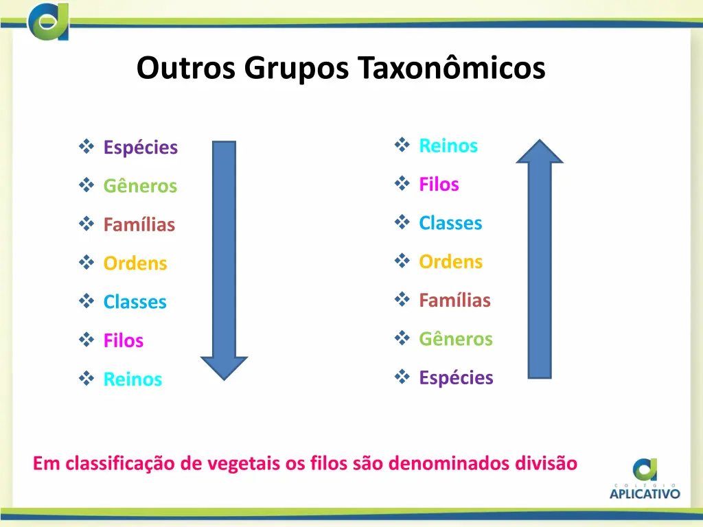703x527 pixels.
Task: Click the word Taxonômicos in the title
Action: (451, 68)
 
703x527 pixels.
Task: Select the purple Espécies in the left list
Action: (140, 148)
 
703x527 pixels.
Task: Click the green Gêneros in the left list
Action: (140, 186)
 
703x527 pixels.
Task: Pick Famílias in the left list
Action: (139, 224)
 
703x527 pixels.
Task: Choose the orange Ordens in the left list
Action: (135, 263)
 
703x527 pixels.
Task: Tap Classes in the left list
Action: (135, 302)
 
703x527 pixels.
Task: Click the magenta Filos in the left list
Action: (124, 340)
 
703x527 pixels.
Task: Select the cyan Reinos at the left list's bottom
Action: (132, 379)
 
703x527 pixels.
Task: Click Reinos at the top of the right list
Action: (448, 145)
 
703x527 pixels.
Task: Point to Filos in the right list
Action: (439, 184)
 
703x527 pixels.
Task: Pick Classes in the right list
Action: (450, 223)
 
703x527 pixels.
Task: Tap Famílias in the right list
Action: (454, 300)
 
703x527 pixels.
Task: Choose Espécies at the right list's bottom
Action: (456, 377)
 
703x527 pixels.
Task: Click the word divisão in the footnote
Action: (546, 463)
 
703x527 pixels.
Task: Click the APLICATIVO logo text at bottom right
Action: (645, 492)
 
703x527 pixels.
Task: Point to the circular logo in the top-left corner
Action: (48, 21)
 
